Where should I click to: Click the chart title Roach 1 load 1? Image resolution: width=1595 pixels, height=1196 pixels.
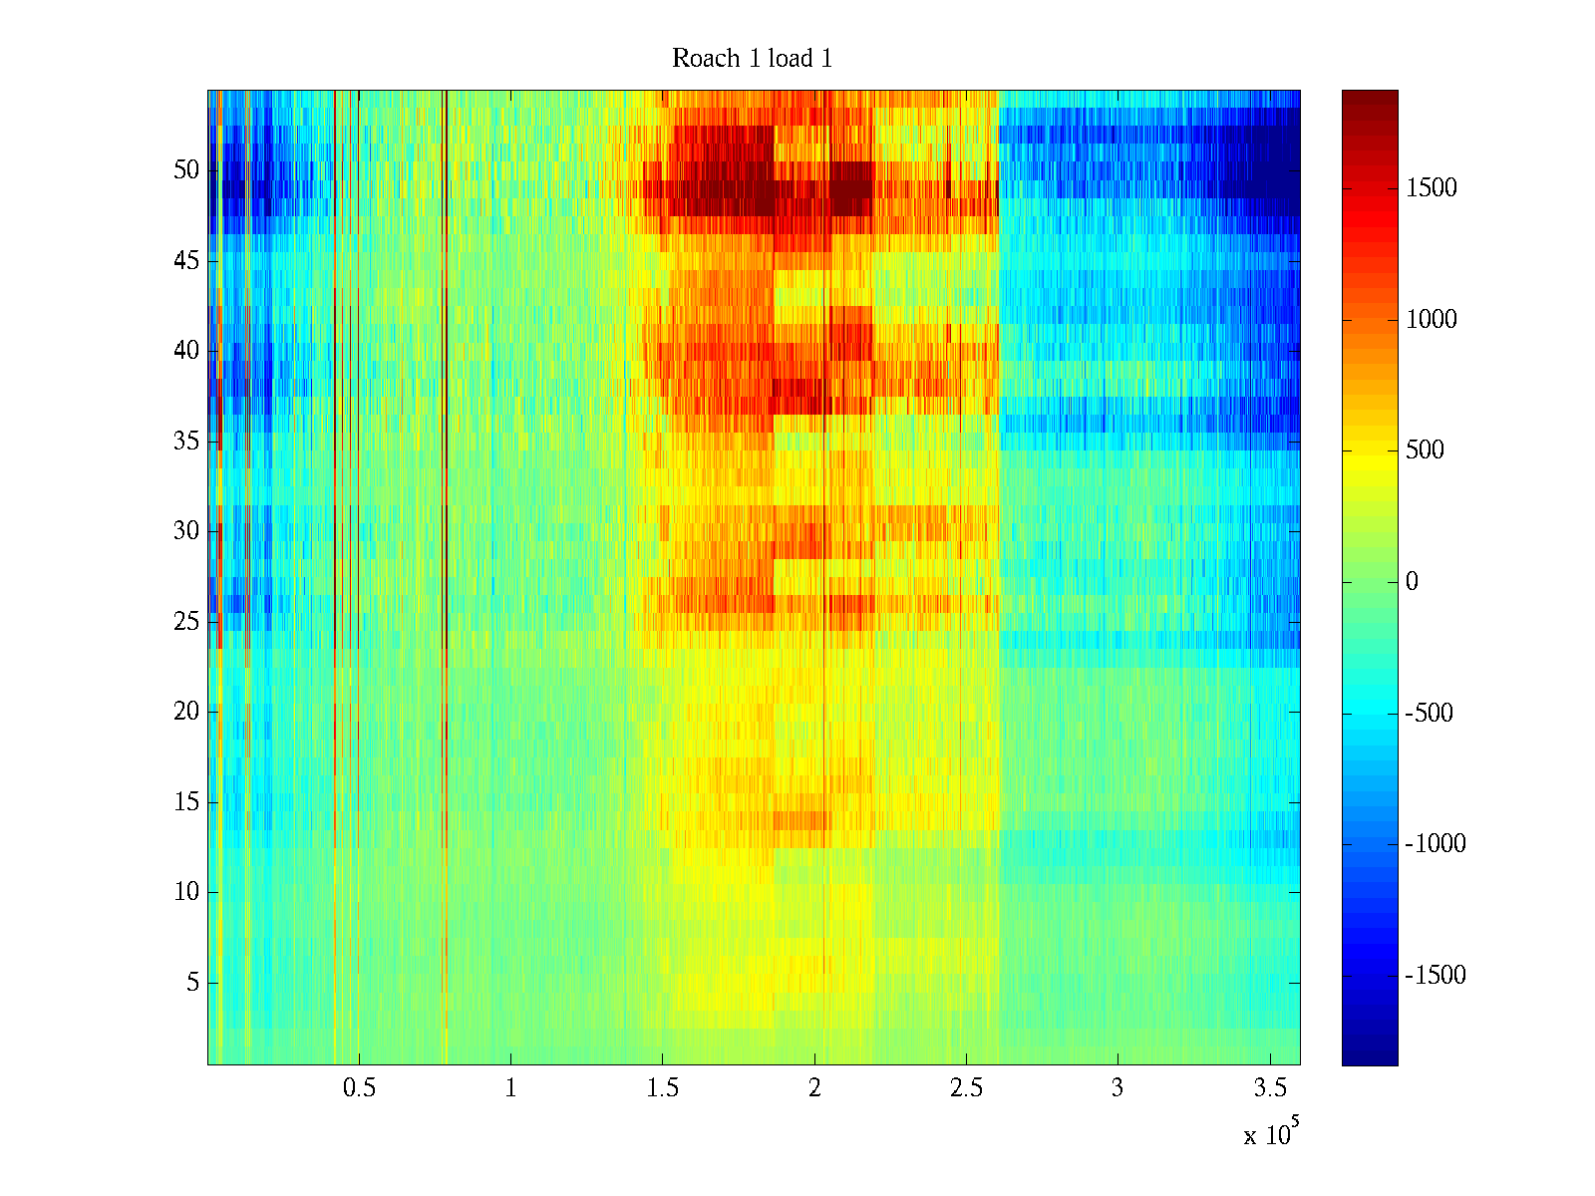(752, 58)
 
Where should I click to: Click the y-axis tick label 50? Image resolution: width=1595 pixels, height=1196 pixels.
(186, 169)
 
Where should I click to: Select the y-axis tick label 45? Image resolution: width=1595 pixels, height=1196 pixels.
(186, 261)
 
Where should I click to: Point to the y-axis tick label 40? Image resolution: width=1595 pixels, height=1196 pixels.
(186, 351)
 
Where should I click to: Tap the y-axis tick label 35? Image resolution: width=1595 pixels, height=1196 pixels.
(186, 441)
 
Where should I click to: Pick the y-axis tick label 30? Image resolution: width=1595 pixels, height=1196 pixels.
(186, 531)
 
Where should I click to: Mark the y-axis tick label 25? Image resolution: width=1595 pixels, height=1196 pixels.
(186, 622)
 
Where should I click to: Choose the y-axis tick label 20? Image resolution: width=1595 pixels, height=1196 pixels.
(186, 711)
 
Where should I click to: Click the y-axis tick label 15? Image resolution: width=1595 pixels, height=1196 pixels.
(186, 801)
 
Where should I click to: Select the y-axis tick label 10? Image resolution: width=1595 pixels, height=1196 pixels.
(186, 892)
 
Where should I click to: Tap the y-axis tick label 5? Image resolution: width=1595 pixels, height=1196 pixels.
(192, 983)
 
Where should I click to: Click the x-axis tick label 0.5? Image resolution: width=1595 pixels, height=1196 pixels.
(359, 1087)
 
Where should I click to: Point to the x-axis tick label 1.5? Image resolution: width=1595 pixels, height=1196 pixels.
(663, 1087)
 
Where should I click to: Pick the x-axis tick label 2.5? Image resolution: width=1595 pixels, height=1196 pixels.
(966, 1087)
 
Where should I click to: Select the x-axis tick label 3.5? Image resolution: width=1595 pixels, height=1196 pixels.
(1270, 1087)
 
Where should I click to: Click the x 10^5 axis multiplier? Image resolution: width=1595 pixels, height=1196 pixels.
(1271, 1132)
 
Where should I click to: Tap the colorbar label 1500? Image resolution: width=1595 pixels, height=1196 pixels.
(1431, 188)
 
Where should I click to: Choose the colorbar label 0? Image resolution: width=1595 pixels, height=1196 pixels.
(1412, 582)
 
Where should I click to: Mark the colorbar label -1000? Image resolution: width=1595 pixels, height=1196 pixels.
(1435, 844)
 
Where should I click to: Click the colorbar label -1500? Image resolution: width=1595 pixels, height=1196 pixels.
(1435, 976)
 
